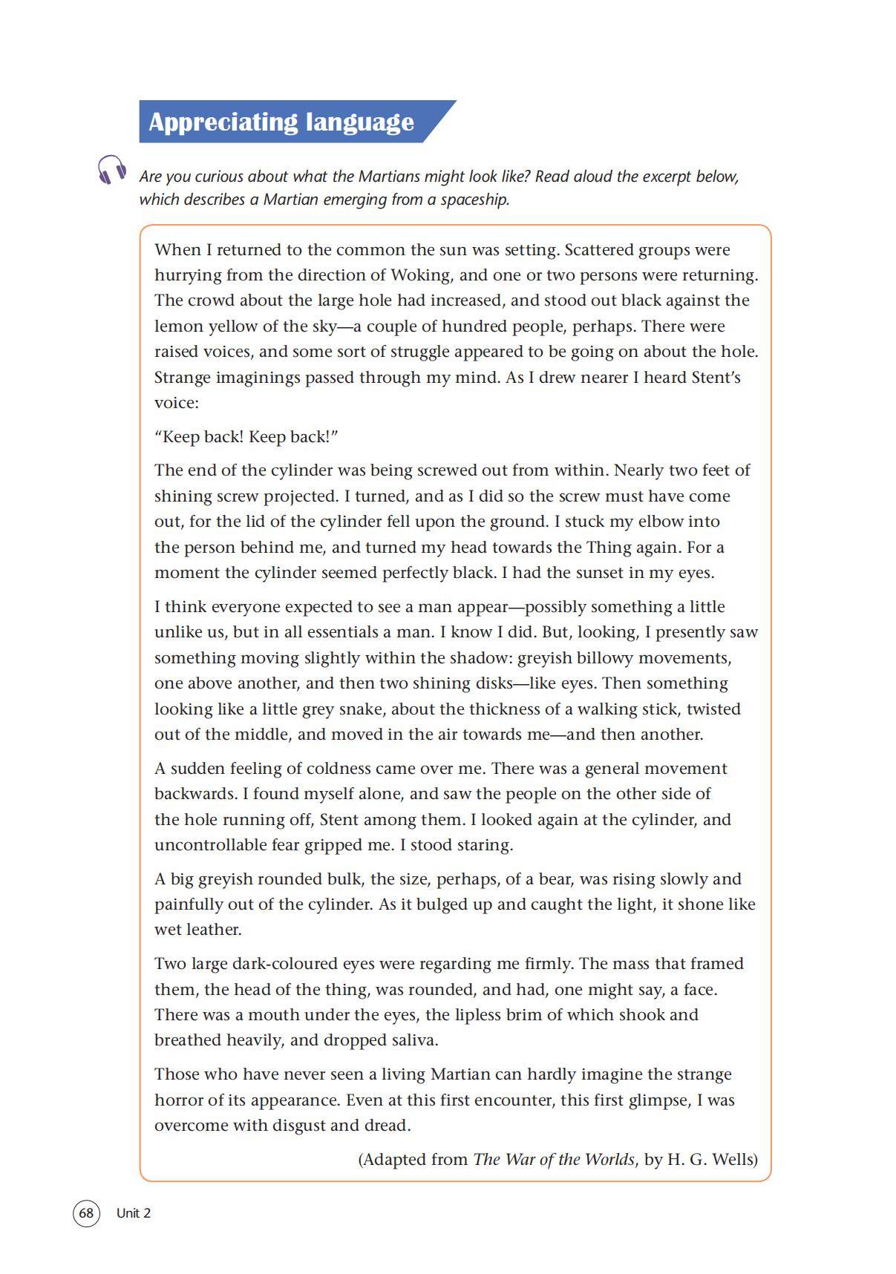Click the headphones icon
click(111, 170)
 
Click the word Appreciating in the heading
click(211, 122)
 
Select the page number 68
click(86, 1213)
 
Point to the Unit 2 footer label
click(134, 1213)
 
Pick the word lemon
click(178, 326)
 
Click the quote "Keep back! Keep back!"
click(246, 436)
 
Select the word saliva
click(413, 1040)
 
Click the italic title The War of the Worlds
click(554, 1159)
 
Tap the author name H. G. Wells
click(712, 1159)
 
